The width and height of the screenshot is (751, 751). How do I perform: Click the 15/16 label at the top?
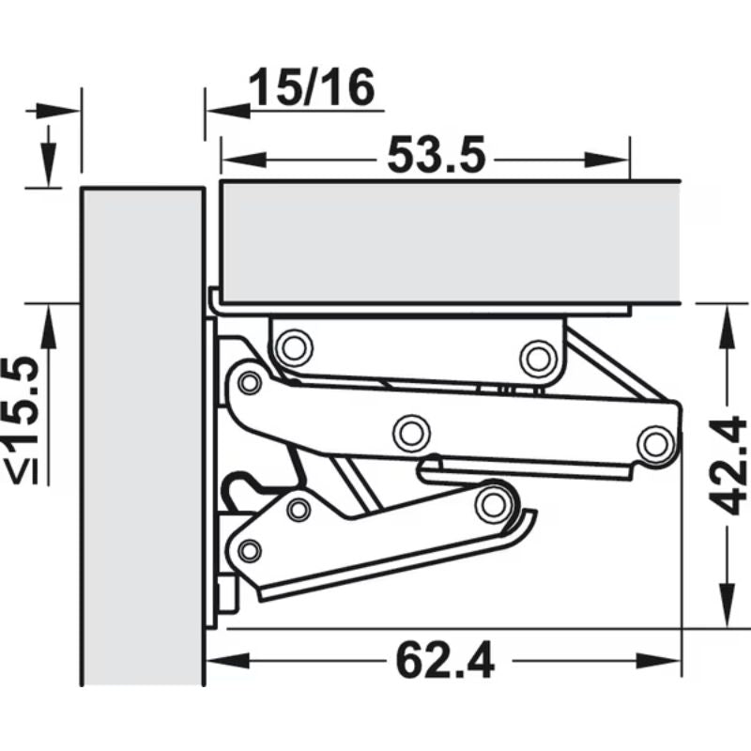click(x=312, y=89)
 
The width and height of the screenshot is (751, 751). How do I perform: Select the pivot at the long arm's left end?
click(x=250, y=382)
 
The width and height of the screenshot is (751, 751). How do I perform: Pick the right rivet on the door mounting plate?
click(x=536, y=357)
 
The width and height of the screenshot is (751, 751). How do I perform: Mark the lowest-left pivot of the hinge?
click(x=250, y=549)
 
